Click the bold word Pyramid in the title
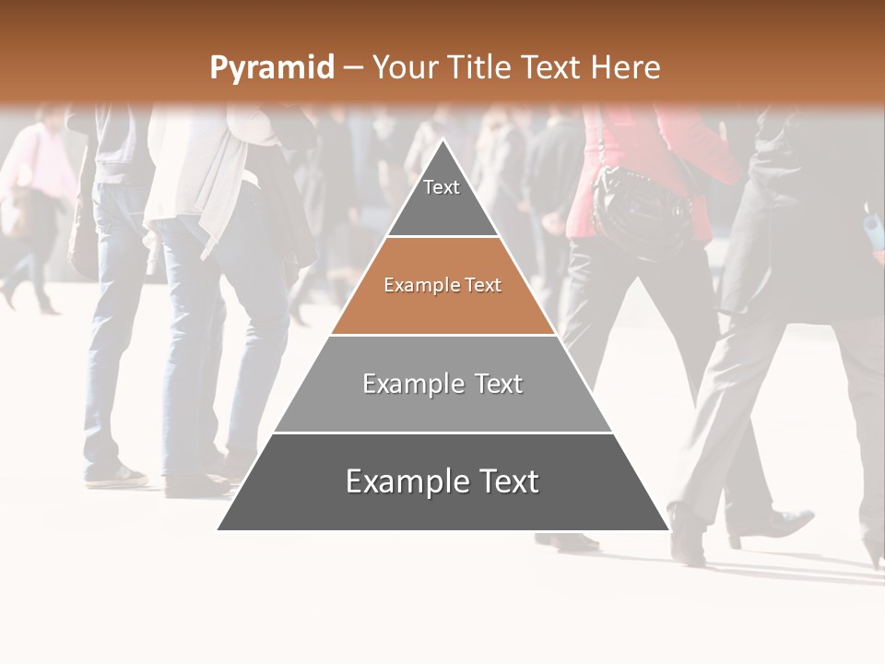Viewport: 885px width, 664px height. click(271, 68)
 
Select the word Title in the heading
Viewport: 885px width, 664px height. click(480, 67)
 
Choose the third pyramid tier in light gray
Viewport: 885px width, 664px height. click(442, 385)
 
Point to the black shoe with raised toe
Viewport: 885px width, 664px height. click(784, 524)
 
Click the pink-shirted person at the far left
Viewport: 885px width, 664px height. click(37, 175)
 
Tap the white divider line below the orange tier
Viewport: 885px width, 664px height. click(442, 335)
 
